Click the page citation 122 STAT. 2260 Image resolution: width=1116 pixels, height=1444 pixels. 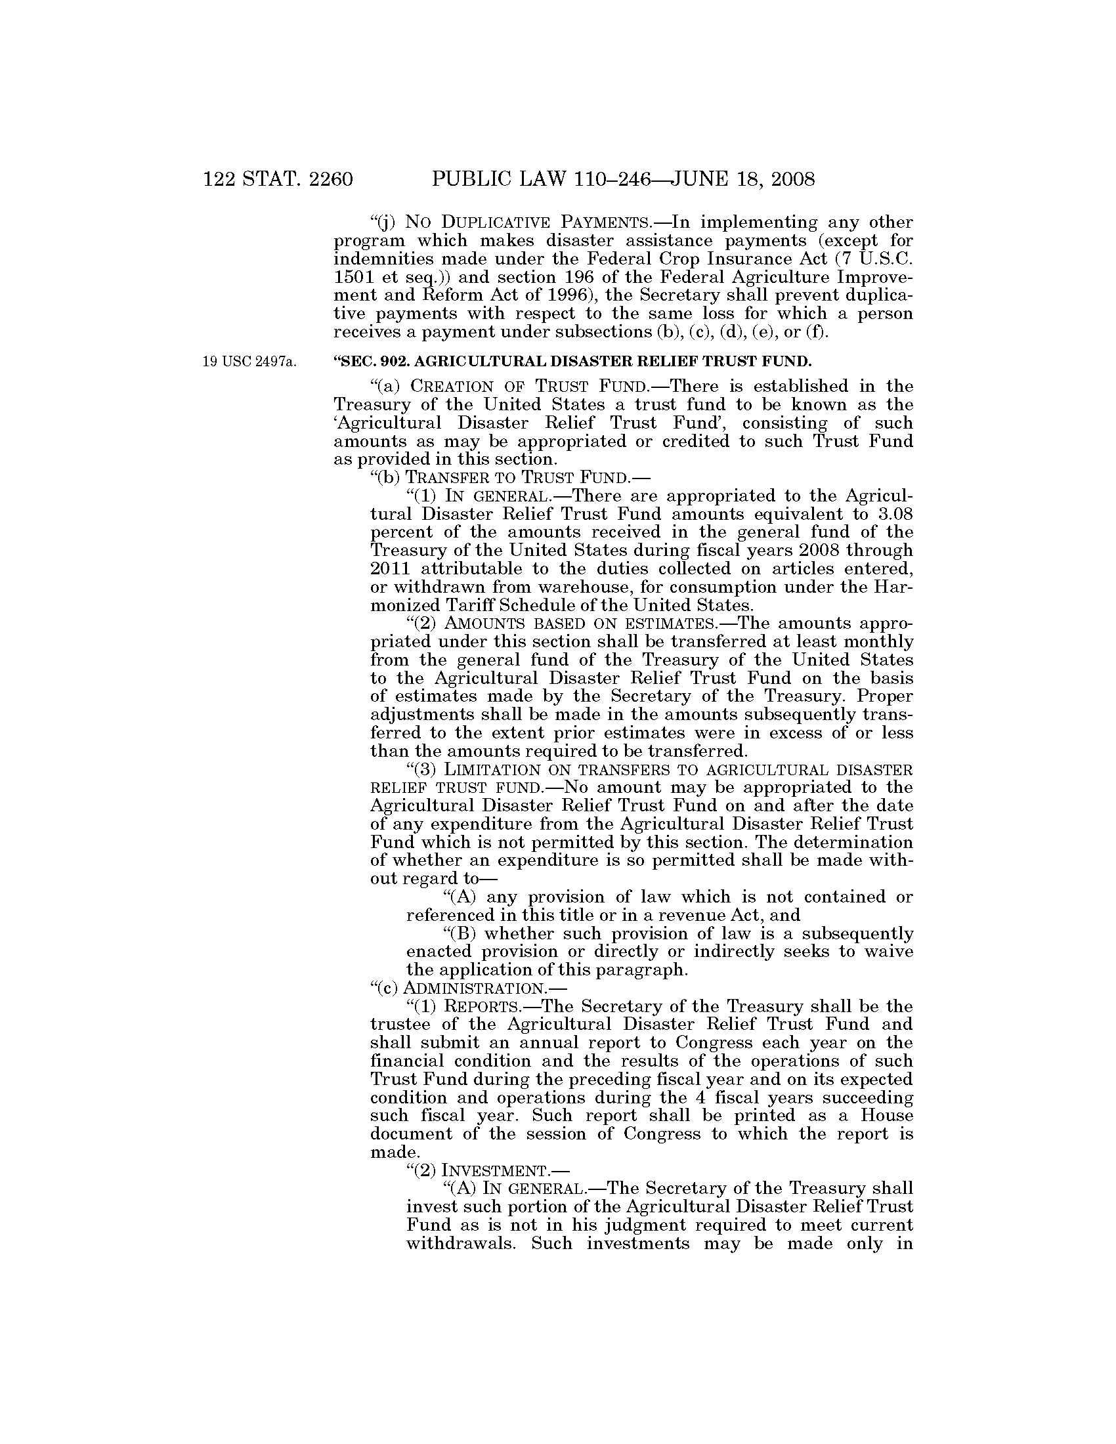(x=278, y=179)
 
